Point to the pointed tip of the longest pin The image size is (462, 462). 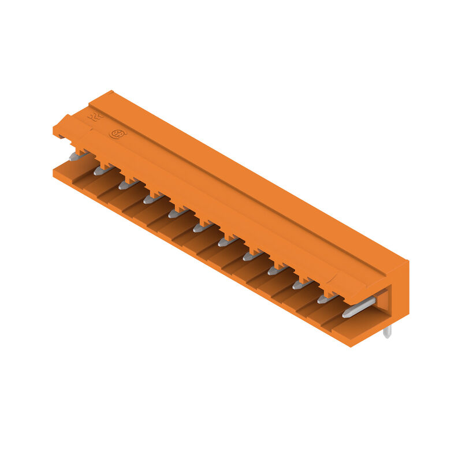(x=345, y=315)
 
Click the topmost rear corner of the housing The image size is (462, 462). (x=109, y=91)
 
